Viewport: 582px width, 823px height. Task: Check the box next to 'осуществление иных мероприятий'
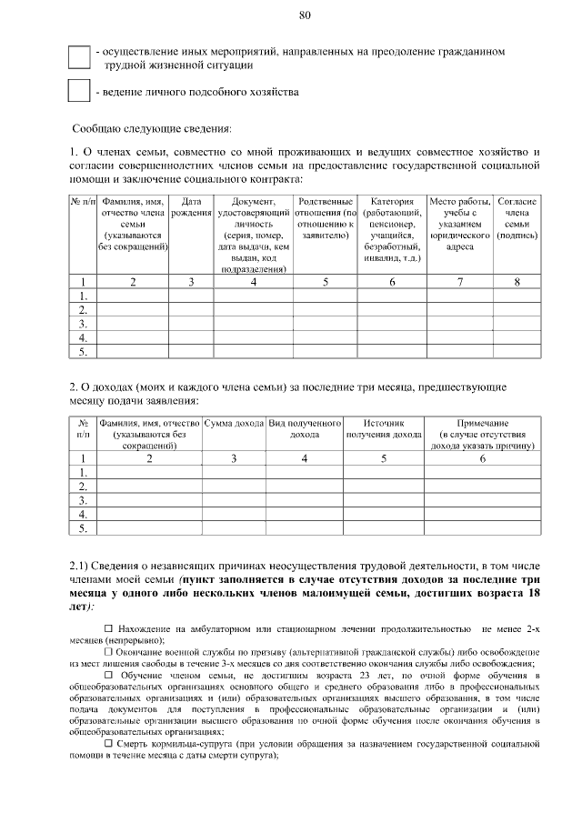tap(79, 57)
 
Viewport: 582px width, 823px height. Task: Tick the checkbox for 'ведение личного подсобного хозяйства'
tap(79, 92)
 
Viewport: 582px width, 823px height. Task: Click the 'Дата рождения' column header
tap(191, 206)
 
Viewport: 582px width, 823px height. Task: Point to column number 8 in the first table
tap(517, 282)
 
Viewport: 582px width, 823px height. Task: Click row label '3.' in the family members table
tap(84, 323)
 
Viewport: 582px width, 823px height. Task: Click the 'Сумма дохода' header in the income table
tap(234, 424)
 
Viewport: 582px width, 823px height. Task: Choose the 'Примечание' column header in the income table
tap(483, 424)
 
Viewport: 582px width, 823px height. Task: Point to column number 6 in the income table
tap(483, 458)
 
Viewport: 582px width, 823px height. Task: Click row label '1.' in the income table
tap(84, 472)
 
